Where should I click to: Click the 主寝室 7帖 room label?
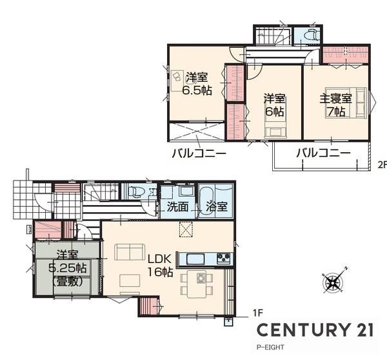click(x=335, y=105)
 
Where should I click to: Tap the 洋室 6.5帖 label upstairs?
click(x=197, y=84)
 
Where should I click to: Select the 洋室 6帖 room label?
click(x=275, y=105)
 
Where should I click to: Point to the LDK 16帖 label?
click(x=160, y=266)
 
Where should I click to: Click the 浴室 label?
click(x=217, y=207)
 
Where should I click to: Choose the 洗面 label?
click(x=177, y=207)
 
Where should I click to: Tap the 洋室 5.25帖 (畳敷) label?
click(x=68, y=268)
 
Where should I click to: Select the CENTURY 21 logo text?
click(x=315, y=329)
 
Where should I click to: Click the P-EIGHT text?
click(x=270, y=347)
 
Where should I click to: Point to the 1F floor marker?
click(x=258, y=313)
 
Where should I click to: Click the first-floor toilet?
click(x=135, y=191)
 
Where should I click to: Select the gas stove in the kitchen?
click(x=223, y=259)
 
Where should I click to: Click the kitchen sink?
click(x=195, y=259)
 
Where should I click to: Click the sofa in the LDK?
click(x=130, y=251)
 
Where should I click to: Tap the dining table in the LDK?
click(x=197, y=284)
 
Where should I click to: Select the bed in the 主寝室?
click(x=346, y=102)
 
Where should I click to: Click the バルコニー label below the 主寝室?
click(x=323, y=153)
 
